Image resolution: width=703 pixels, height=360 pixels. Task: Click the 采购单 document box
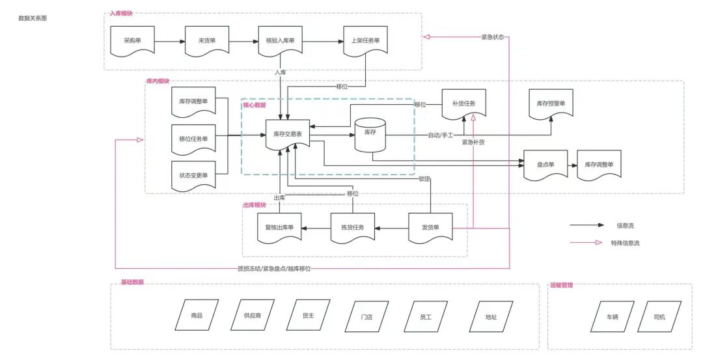(x=132, y=41)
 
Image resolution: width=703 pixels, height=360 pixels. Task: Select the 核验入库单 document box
(x=280, y=41)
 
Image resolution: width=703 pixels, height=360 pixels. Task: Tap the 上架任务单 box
(x=365, y=41)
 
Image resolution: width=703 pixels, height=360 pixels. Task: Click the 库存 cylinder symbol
(x=370, y=135)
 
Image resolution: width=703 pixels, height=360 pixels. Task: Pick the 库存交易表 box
(x=288, y=135)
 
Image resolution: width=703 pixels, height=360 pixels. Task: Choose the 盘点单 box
(x=545, y=165)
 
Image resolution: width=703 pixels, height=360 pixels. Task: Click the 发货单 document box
(x=430, y=228)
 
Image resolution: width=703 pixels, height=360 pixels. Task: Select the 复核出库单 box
(x=279, y=228)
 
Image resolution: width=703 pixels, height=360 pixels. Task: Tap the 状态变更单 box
(x=194, y=176)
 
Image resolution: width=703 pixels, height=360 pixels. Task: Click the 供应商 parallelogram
(x=253, y=315)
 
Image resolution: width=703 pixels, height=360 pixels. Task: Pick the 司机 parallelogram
(x=659, y=316)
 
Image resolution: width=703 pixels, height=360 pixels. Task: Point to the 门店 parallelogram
(x=366, y=316)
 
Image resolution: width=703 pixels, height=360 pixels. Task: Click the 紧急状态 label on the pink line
(x=493, y=37)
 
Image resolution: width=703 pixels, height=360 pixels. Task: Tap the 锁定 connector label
(x=424, y=179)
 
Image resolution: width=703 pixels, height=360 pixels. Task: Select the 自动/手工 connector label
(x=441, y=135)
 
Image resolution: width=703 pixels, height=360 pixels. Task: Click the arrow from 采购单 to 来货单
(x=170, y=42)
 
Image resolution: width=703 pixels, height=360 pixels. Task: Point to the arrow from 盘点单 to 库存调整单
(x=573, y=165)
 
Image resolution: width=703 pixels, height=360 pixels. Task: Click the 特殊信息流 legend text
(x=625, y=243)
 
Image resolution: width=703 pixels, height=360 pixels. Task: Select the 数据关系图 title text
(x=33, y=18)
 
